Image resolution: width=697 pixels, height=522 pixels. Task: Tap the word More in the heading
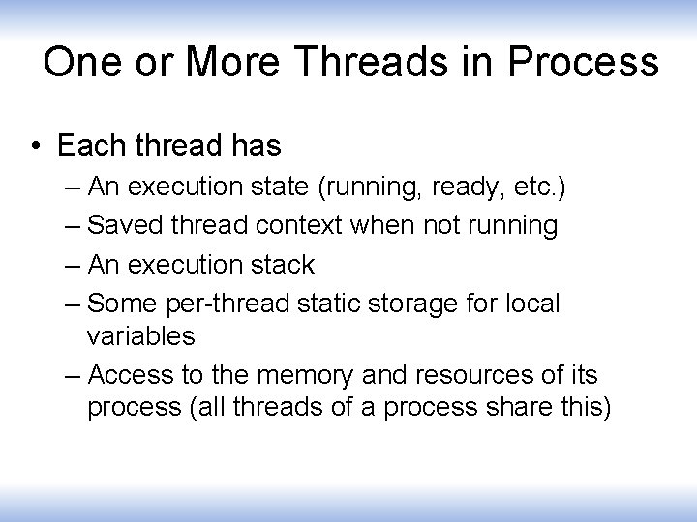click(237, 63)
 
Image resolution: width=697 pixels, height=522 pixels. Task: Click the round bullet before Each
click(36, 148)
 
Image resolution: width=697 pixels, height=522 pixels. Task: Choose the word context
click(299, 225)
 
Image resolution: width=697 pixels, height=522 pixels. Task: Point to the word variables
click(140, 336)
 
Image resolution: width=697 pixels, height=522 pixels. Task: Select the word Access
click(134, 375)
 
